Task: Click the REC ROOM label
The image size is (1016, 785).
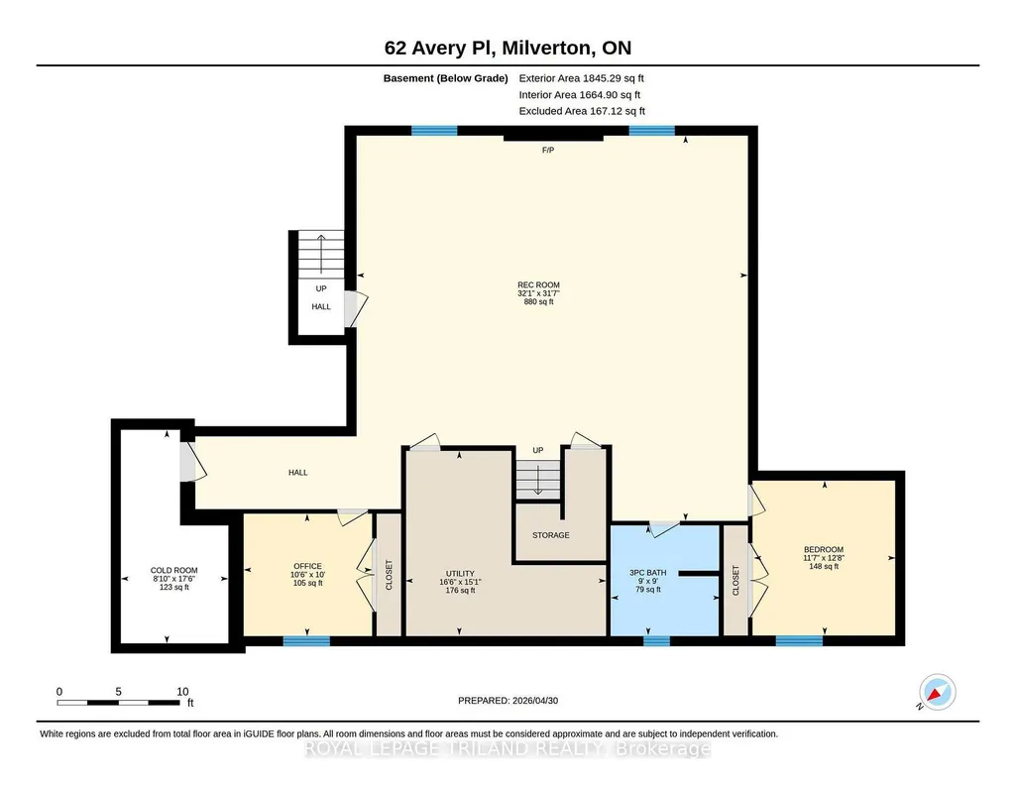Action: (x=538, y=285)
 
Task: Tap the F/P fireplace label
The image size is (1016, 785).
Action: (x=548, y=151)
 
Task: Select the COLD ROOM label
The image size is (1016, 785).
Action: (x=174, y=571)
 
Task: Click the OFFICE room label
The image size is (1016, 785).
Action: (x=308, y=566)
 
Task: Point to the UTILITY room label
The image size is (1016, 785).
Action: (x=460, y=573)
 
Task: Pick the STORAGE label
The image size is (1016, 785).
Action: (x=551, y=535)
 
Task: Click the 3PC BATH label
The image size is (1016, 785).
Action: (x=648, y=573)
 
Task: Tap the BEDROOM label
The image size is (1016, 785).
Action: (x=824, y=549)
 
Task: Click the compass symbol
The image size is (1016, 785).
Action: (x=937, y=692)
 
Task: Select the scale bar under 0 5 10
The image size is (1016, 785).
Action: (x=119, y=703)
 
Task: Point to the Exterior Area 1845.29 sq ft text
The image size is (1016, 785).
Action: (x=581, y=78)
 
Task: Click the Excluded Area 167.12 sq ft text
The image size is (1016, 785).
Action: (x=582, y=111)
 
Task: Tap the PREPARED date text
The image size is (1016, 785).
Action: (x=508, y=700)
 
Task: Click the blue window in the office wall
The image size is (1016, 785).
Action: (x=306, y=641)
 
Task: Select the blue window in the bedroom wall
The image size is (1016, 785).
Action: (x=799, y=641)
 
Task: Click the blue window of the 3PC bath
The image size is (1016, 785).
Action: (x=656, y=641)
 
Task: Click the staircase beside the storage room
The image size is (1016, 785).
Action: (x=537, y=480)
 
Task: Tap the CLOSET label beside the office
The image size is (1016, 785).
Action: (x=390, y=575)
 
